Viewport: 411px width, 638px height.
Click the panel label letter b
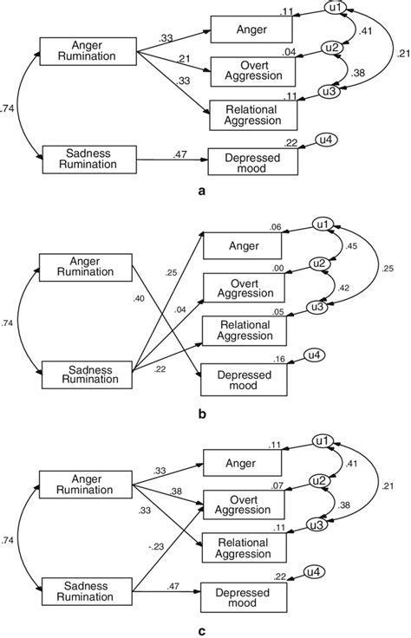201,414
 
